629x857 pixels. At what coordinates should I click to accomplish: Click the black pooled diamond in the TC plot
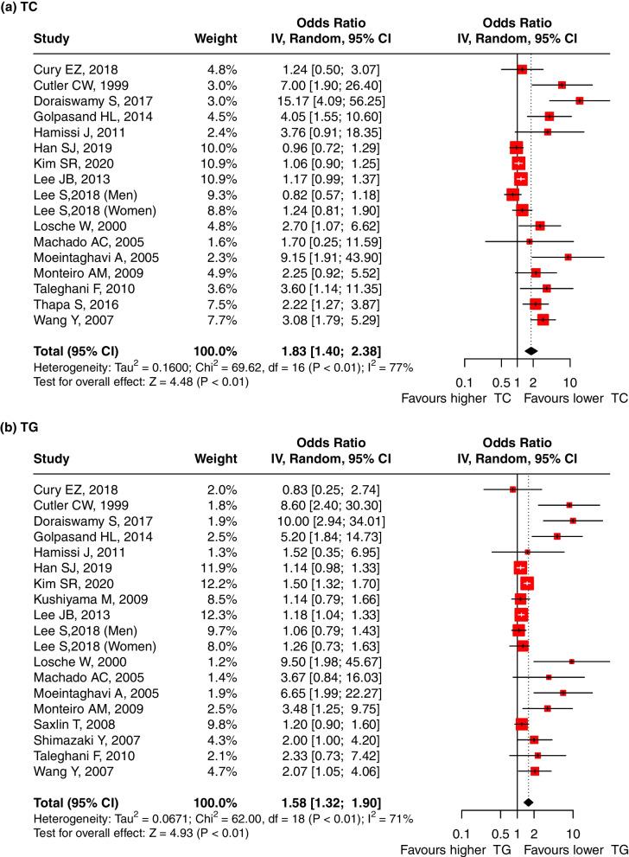pos(531,350)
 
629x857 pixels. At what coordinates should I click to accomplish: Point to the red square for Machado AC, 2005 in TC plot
pos(529,241)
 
